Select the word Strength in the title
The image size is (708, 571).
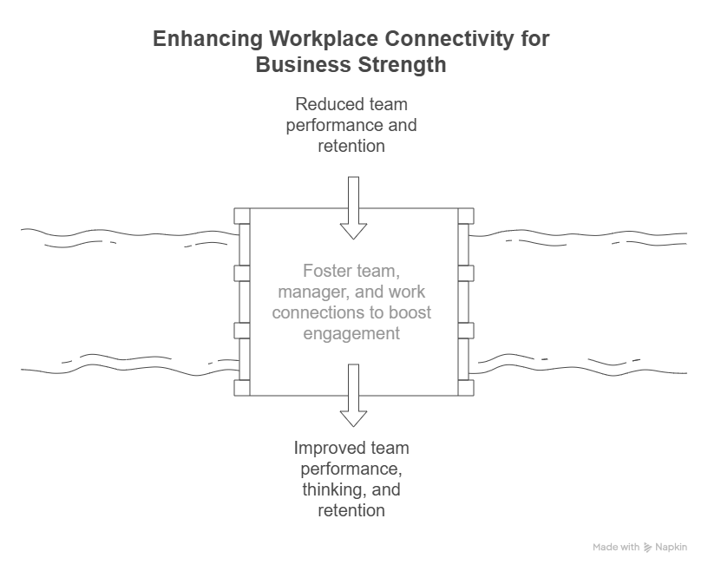point(402,65)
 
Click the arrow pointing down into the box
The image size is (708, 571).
point(353,207)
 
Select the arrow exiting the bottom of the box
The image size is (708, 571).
point(353,395)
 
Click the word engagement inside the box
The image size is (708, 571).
point(351,334)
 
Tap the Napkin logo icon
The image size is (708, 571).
point(647,548)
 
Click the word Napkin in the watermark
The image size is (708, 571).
point(671,548)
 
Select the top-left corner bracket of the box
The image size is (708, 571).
point(242,216)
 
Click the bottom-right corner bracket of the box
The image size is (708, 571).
point(466,388)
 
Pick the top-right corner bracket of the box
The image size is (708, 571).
point(466,216)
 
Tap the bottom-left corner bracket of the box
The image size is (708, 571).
point(242,388)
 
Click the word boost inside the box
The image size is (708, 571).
point(410,312)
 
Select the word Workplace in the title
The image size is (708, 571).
point(324,39)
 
